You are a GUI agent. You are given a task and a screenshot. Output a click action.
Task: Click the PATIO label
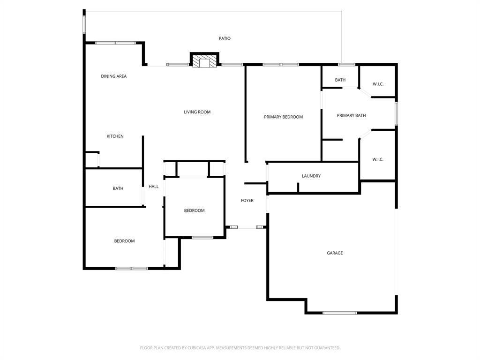[225, 38]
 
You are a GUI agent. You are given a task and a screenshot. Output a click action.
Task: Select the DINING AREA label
[114, 76]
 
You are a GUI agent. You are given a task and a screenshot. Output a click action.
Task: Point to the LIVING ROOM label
[197, 112]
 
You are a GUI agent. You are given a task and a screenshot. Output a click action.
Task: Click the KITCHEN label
[115, 136]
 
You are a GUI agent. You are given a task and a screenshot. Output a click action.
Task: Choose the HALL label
[154, 187]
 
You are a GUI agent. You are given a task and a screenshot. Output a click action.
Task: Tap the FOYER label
[247, 201]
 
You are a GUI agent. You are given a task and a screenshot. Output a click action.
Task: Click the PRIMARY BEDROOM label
[283, 117]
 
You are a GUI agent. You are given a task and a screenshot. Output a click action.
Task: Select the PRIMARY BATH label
[351, 115]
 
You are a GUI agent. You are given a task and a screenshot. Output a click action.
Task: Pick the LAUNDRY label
[311, 176]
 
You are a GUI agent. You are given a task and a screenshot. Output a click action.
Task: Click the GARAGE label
[335, 253]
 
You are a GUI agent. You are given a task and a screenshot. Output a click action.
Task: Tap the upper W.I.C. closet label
[378, 84]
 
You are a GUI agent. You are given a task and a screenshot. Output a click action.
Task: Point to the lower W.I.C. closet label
[378, 159]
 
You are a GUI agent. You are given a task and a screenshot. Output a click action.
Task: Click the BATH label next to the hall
[118, 188]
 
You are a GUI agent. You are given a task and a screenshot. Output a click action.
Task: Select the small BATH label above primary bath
[340, 80]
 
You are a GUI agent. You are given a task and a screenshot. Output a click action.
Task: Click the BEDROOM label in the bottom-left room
[124, 241]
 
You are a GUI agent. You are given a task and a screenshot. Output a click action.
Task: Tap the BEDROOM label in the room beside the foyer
[194, 210]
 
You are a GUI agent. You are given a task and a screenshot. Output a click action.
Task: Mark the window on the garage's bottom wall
[340, 313]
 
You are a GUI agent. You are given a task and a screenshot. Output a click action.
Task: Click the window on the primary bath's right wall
[396, 113]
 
